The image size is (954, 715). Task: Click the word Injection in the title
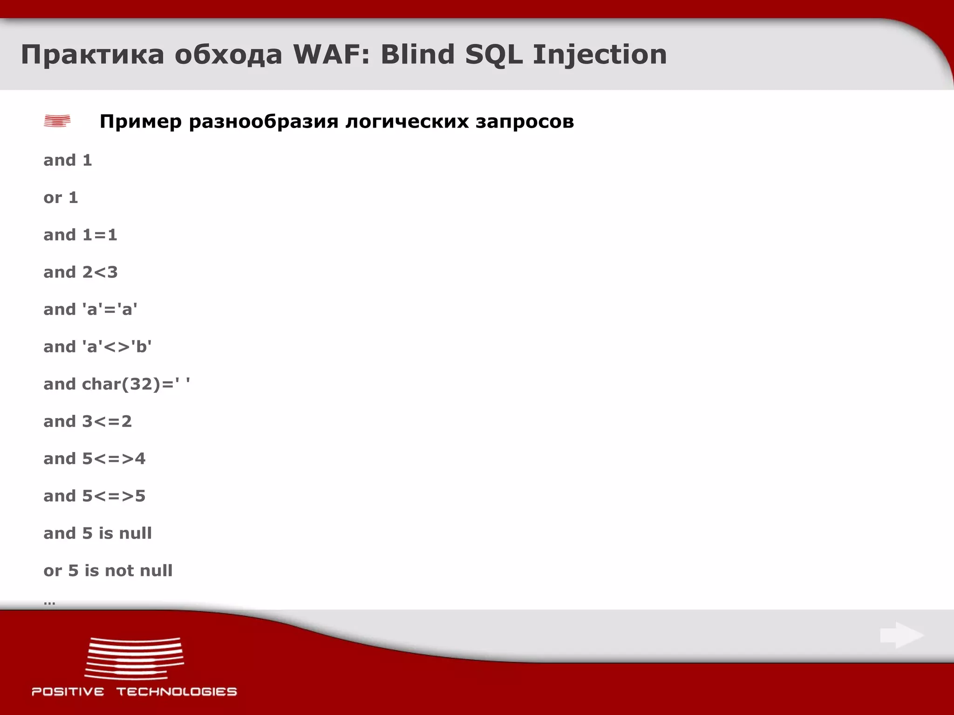tap(600, 54)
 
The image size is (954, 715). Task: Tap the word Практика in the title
tap(92, 54)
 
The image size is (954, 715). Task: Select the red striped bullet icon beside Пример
tap(57, 121)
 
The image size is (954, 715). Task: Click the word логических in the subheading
tap(407, 122)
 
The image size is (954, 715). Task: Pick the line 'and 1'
tap(68, 160)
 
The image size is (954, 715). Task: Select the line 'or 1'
tap(61, 198)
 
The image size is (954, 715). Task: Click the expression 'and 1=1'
tap(80, 235)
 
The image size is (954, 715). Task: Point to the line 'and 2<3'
tap(80, 272)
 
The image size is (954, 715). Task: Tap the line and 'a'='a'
tap(90, 310)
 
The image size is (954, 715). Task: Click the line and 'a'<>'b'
tap(97, 347)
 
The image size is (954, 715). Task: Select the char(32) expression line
tap(116, 384)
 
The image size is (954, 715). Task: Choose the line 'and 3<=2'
tap(88, 421)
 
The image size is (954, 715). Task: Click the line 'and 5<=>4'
tap(94, 459)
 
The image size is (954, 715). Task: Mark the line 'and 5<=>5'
tap(94, 496)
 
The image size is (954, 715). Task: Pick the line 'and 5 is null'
tap(97, 533)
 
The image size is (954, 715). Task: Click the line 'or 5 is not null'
tap(108, 571)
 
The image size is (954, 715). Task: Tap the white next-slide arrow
tap(902, 635)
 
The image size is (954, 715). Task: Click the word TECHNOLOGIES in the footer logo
tap(177, 692)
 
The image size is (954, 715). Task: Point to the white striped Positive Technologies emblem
tap(135, 658)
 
